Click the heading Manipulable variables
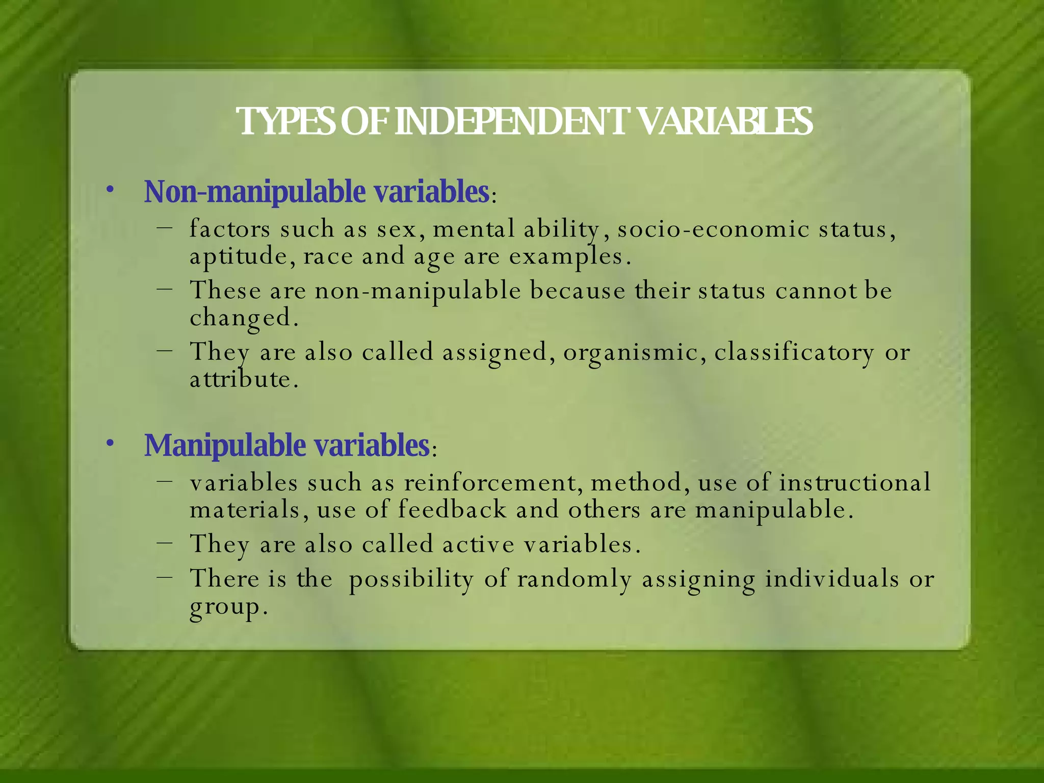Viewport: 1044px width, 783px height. (287, 446)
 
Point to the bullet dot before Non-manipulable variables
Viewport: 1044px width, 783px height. (110, 190)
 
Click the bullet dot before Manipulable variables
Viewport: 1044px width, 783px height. (110, 443)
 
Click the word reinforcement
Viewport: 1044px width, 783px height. (493, 483)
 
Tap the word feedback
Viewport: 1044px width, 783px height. (452, 510)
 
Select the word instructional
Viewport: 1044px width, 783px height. (855, 483)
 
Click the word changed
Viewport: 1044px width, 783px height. (243, 318)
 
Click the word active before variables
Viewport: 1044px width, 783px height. (478, 544)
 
